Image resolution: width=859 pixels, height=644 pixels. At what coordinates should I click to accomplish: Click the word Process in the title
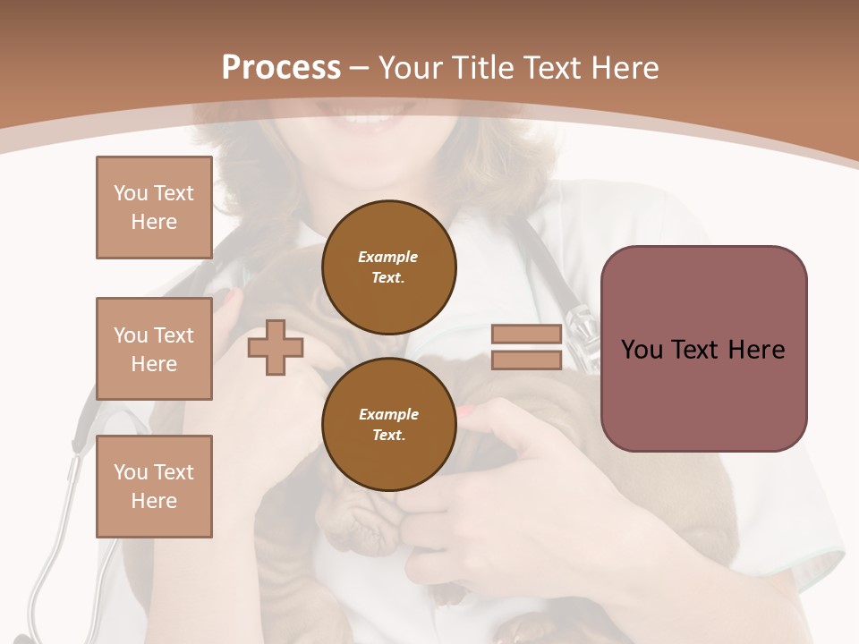click(281, 68)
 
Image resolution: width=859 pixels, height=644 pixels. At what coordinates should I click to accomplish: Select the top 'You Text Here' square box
click(154, 208)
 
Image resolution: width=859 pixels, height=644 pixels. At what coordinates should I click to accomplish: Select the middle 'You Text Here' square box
click(154, 349)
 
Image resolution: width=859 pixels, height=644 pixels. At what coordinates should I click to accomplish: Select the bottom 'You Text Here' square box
click(154, 487)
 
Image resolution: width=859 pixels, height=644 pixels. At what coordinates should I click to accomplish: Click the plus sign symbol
click(276, 347)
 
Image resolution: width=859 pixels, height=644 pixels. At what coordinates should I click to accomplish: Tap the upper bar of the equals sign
click(526, 335)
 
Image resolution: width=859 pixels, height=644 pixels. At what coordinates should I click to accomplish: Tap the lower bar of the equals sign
click(526, 360)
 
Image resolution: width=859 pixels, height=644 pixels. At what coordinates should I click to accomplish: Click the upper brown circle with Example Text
click(389, 267)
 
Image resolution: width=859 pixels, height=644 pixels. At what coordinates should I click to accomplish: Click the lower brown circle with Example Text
click(389, 424)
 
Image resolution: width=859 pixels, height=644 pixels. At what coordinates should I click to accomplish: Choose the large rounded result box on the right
click(703, 349)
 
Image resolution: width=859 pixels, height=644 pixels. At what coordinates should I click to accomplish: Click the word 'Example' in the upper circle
click(387, 257)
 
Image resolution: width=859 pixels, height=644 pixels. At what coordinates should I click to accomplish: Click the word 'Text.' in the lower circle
click(388, 436)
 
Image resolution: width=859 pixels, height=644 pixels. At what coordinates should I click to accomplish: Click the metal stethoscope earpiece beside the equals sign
click(583, 335)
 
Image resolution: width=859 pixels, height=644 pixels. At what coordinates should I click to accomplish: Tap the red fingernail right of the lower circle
click(466, 411)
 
